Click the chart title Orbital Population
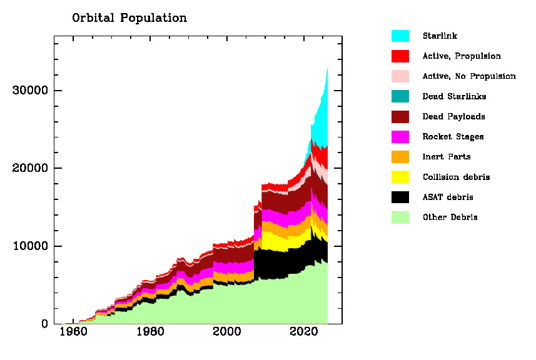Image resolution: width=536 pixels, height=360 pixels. coord(129,17)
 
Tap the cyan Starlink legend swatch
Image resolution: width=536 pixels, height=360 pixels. coord(400,36)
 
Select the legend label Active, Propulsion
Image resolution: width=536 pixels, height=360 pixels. coord(462,56)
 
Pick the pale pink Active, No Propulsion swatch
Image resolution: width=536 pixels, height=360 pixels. coord(400,76)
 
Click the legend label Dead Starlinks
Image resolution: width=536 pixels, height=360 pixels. coord(454,96)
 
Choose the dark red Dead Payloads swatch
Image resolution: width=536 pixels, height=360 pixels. coord(400,116)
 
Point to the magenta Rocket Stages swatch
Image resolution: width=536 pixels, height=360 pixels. coord(400,136)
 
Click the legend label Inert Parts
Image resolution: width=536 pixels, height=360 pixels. coord(447,157)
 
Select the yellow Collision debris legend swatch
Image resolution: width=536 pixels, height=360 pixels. coord(400,177)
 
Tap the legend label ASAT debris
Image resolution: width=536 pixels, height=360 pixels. coord(448,197)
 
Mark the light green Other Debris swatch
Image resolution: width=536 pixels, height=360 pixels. coord(400,217)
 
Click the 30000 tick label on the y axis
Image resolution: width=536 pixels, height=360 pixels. coord(30,91)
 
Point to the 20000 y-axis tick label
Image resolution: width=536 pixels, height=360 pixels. coord(30,168)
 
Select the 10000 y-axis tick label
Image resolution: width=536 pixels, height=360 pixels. coord(30,246)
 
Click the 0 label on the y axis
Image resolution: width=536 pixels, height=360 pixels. coord(44,324)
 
